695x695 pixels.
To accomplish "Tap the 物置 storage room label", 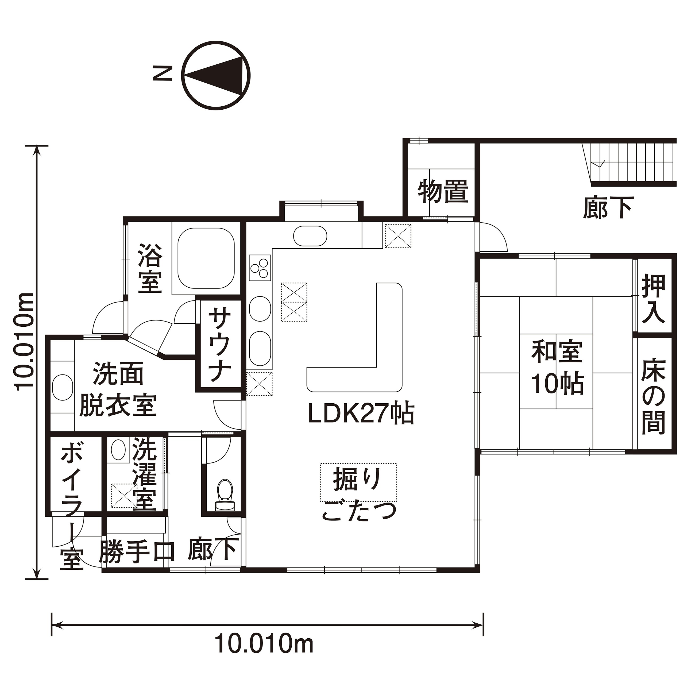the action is pos(443,192).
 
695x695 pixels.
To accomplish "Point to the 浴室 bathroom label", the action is pos(150,269).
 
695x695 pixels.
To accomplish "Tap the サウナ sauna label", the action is pos(219,344).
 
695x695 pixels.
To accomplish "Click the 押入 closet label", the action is pos(654,299).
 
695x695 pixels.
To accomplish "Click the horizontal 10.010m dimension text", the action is pos(264,644).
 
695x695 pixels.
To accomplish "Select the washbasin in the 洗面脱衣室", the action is pos(63,387).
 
